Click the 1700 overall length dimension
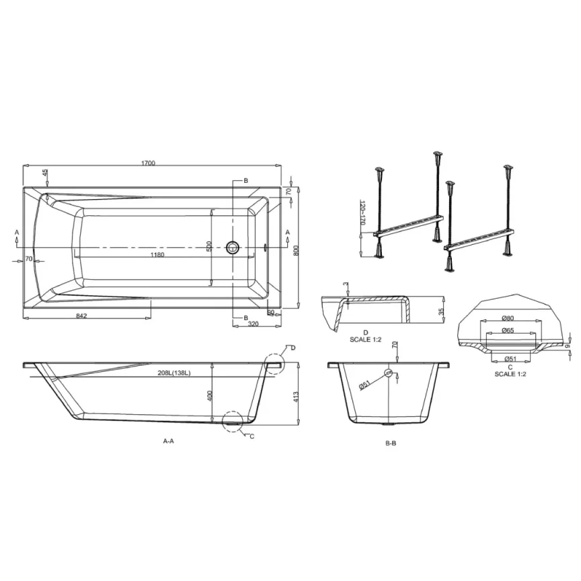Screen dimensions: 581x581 (149, 163)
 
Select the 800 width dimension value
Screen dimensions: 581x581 (296, 250)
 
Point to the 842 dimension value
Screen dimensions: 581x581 (81, 315)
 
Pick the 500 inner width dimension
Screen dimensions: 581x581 (209, 247)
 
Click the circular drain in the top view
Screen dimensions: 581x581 (233, 247)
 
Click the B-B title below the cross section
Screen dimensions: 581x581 (391, 443)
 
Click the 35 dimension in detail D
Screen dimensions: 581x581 (440, 311)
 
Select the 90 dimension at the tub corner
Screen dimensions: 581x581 (270, 312)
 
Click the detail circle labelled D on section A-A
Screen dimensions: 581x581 (274, 364)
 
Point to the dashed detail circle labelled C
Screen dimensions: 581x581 (233, 422)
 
